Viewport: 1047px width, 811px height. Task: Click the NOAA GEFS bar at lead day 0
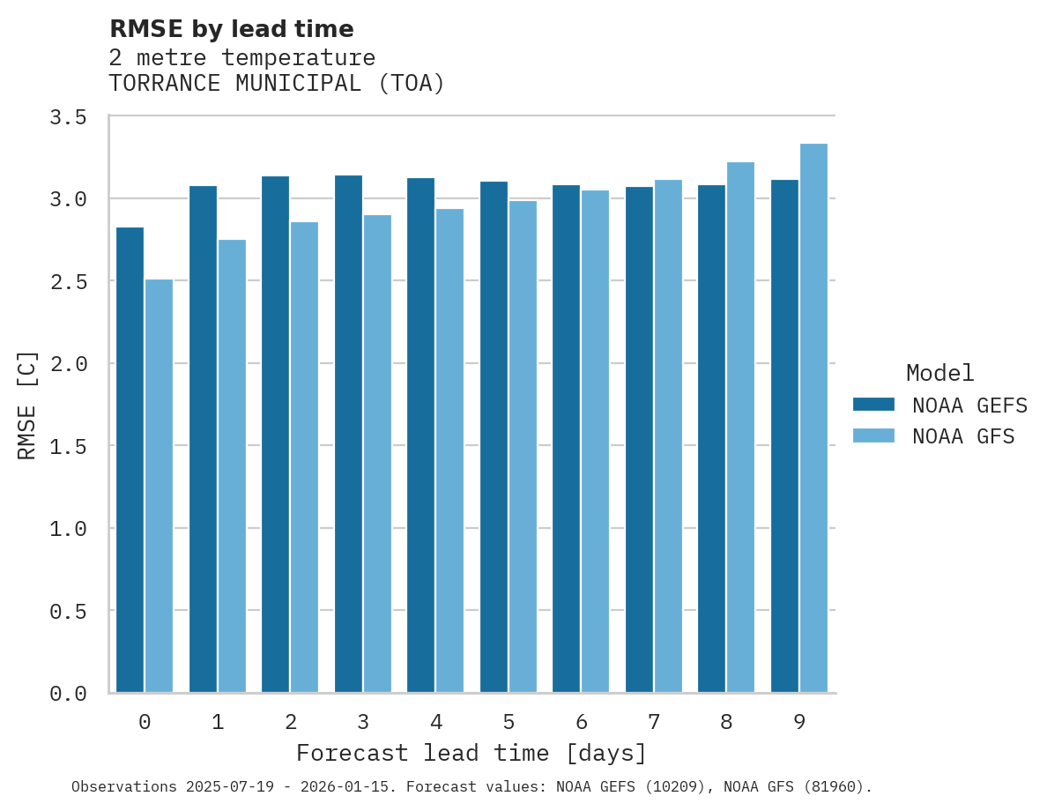pos(130,459)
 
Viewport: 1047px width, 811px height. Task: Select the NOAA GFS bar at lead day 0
pos(159,486)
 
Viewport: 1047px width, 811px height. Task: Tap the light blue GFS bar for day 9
pos(813,418)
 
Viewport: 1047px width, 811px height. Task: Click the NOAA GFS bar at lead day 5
pos(523,446)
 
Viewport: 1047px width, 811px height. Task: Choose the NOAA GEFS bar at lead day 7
pos(639,439)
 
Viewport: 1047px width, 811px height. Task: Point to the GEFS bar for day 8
pos(711,438)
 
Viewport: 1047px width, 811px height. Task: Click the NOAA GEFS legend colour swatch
pos(873,405)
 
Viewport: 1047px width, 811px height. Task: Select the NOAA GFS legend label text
pos(963,436)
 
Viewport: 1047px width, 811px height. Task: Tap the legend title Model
pos(939,373)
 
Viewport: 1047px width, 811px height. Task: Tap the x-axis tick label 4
pos(435,722)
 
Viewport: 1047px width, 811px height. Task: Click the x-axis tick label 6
pos(581,722)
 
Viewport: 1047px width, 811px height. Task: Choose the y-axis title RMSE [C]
pos(27,405)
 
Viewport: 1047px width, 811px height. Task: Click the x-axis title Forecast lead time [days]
pos(472,754)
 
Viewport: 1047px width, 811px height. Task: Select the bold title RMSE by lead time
pos(231,29)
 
